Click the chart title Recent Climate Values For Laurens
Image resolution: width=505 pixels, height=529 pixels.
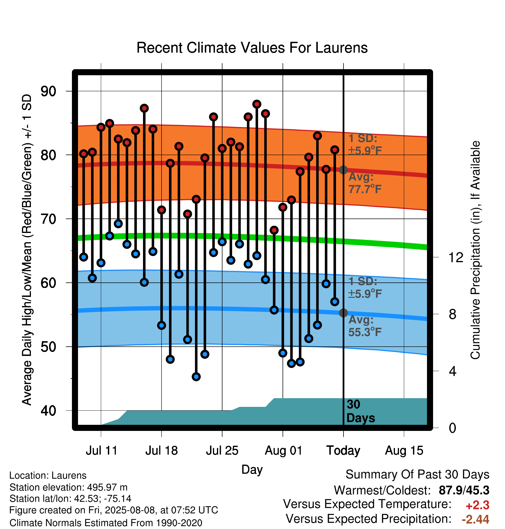click(x=252, y=48)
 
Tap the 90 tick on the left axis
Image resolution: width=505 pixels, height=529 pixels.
click(x=48, y=91)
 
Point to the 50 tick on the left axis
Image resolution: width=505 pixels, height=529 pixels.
click(x=48, y=347)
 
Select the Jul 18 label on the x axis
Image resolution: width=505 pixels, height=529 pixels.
click(x=161, y=451)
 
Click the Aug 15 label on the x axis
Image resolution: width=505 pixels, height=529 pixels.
click(x=404, y=451)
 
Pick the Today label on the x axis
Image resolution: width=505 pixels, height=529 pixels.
click(x=343, y=451)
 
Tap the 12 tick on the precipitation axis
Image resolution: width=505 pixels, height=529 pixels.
click(x=456, y=257)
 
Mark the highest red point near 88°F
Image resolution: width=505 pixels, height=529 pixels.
click(x=257, y=104)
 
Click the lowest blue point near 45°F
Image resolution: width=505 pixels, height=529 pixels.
click(x=196, y=376)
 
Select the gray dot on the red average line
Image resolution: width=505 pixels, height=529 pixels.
click(x=343, y=170)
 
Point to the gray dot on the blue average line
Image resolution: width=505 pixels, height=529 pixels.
click(x=343, y=313)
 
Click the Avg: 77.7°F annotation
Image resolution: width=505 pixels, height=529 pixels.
click(x=365, y=183)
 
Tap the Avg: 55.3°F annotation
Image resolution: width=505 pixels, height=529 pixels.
click(x=365, y=326)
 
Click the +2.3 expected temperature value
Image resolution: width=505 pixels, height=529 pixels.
click(x=478, y=505)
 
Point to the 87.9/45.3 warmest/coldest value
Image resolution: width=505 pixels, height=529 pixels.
click(x=464, y=490)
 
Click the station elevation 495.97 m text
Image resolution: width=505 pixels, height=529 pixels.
click(x=68, y=487)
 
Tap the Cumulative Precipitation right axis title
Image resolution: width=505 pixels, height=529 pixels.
click(x=475, y=250)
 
